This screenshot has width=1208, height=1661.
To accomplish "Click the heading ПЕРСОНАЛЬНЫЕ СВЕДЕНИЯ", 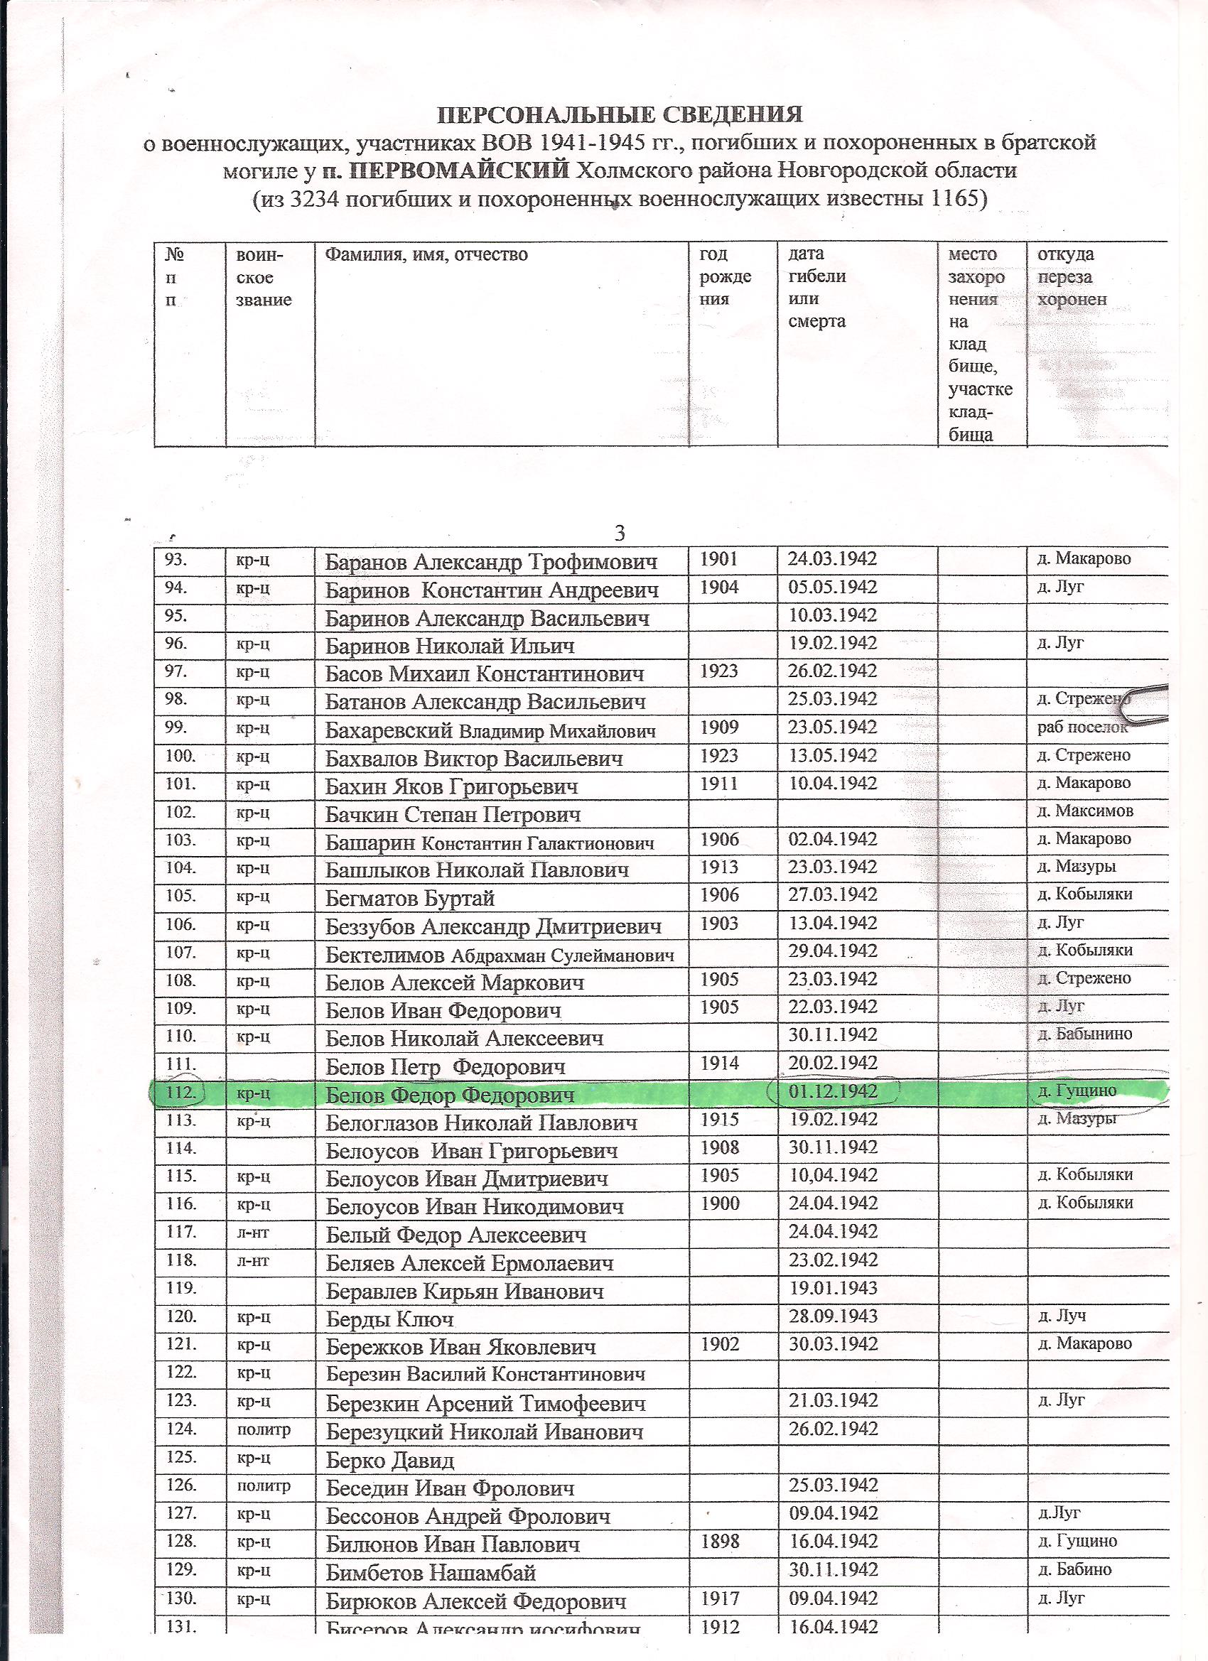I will [619, 115].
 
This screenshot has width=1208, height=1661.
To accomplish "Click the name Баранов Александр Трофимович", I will [491, 562].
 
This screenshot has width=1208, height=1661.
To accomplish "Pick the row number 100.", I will [180, 754].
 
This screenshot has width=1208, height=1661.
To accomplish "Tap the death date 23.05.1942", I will [832, 727].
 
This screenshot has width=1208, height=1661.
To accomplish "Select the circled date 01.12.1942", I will [832, 1091].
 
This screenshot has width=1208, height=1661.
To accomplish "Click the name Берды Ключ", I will [389, 1320].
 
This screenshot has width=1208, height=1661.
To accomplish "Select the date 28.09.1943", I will [832, 1316].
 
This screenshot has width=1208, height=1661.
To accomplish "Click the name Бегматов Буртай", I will [410, 898].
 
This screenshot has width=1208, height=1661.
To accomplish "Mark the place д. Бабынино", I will [1086, 1034].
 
